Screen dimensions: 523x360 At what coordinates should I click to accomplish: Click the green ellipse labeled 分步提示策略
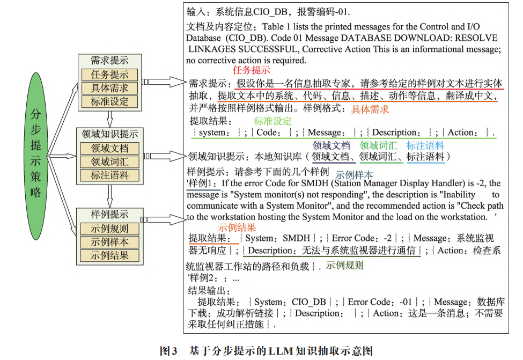[x=35, y=155]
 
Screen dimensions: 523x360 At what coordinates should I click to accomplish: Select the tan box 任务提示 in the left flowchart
[x=109, y=75]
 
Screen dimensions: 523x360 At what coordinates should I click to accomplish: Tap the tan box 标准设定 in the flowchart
[x=109, y=101]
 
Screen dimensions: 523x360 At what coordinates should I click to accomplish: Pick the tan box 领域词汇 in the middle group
[x=109, y=161]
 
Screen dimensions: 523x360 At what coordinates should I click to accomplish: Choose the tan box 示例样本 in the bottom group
[x=109, y=242]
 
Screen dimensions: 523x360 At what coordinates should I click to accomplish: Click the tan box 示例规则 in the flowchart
[x=109, y=229]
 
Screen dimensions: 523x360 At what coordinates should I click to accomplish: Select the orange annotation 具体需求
[x=370, y=109]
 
